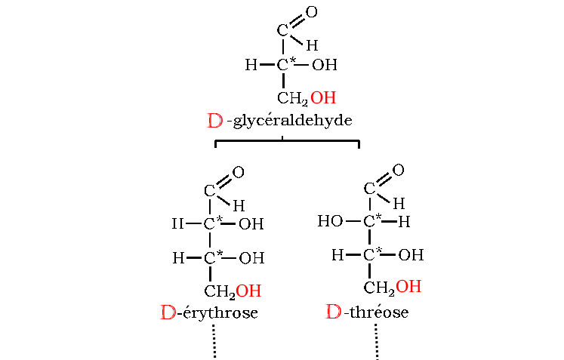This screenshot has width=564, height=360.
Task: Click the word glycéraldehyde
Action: coord(293,121)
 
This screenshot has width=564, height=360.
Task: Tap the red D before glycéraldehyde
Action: coord(215,121)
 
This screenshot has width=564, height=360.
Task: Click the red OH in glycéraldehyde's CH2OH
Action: coord(323,98)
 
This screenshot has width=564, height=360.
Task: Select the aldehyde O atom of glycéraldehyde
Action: coord(312,12)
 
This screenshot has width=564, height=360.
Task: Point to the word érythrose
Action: coord(220,312)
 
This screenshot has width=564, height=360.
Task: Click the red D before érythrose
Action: coord(168,312)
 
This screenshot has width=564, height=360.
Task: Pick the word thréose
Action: coord(379,312)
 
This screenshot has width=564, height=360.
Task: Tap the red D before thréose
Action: coord(334,312)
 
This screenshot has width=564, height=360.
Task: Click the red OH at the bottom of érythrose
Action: coord(248,291)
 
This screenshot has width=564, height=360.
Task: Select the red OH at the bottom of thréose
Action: coord(408,287)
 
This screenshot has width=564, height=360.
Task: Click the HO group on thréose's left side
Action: coord(330,221)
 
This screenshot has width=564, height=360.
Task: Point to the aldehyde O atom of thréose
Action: coord(398,170)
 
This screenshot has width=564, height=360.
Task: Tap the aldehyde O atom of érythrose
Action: coord(238,172)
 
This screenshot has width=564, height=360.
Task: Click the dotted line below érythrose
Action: coord(214,341)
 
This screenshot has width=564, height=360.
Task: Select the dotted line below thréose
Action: coord(376,341)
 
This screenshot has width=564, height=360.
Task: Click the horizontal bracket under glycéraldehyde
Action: coord(287,141)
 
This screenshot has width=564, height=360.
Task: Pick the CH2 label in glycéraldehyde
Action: coord(292,99)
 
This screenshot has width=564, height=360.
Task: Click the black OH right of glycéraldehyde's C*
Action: coord(325,65)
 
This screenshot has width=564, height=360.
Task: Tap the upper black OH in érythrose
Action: coord(251,224)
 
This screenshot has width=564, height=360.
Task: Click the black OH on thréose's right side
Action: coord(411,255)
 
